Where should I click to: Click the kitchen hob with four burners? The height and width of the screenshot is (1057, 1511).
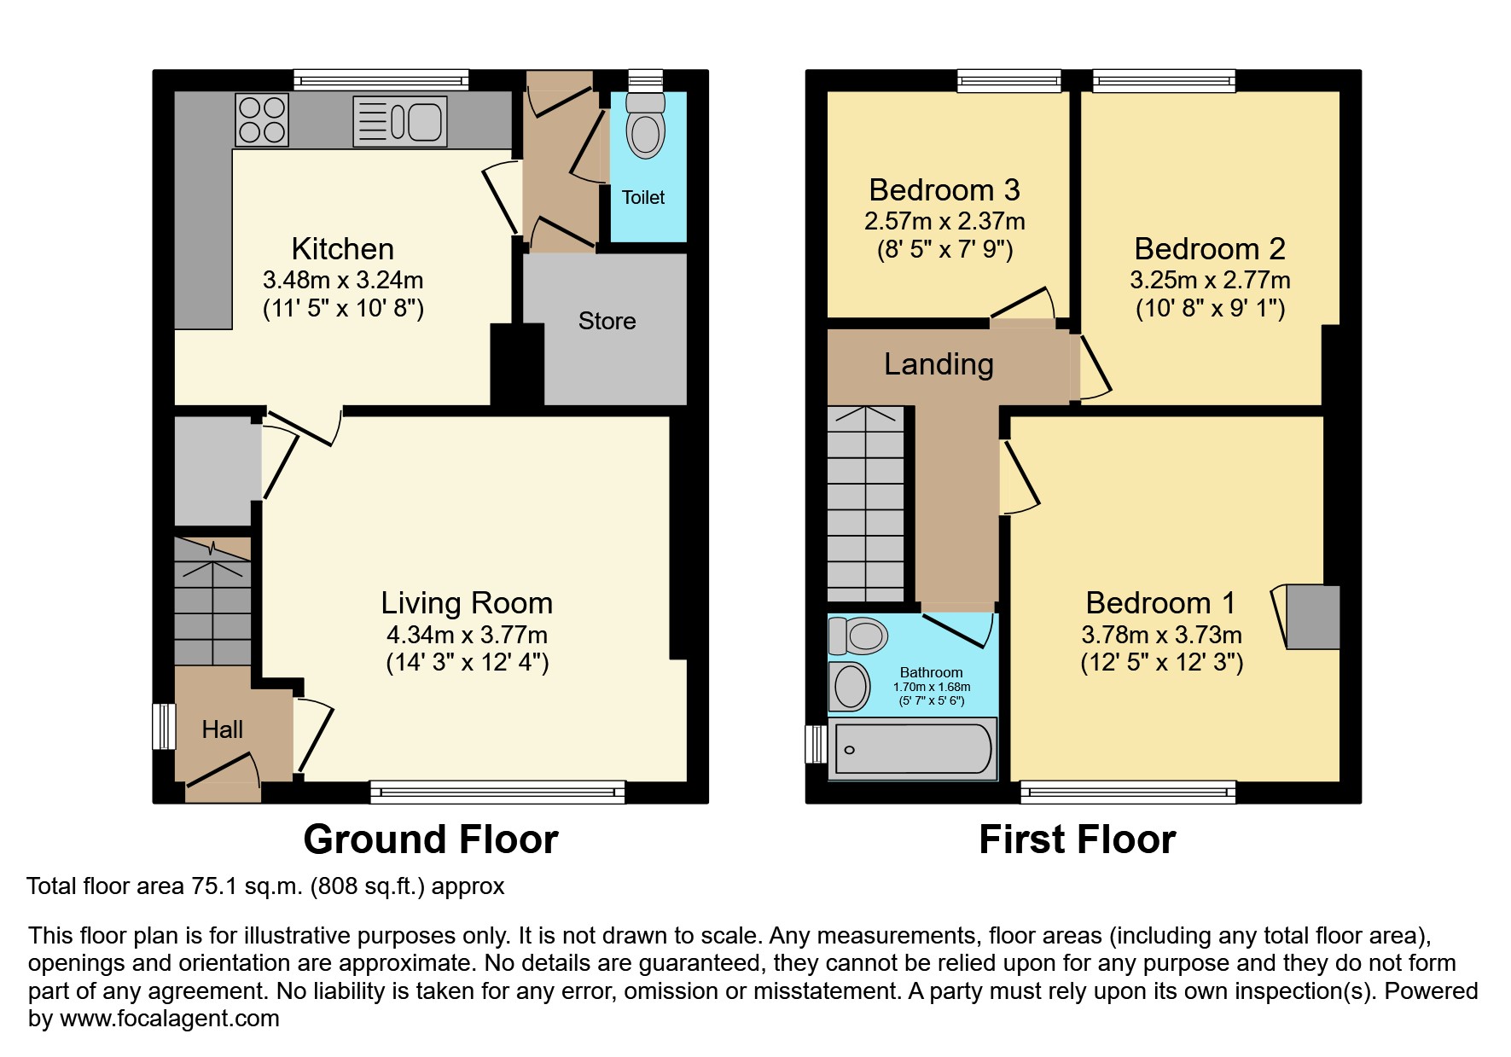point(262,119)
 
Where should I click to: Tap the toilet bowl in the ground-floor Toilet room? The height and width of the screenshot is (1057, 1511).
point(646,129)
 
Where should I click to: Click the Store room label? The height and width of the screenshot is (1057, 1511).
point(607,322)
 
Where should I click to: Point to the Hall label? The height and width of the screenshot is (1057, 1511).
point(222,729)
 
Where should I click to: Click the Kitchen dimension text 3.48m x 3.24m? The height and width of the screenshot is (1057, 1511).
point(343,280)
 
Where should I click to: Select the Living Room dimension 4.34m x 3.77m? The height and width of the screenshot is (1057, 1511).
point(467,635)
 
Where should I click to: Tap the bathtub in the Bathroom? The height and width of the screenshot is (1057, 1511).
point(912,749)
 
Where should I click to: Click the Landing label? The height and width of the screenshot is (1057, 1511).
point(939,364)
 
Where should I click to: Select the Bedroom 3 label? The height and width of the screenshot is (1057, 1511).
point(944,189)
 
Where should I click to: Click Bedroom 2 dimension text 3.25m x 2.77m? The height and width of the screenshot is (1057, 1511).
point(1210,280)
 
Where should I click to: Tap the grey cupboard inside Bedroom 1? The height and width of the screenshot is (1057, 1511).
point(1312,617)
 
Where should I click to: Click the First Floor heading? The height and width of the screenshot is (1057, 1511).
point(1077,839)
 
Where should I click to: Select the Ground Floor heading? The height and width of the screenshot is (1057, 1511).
point(430,839)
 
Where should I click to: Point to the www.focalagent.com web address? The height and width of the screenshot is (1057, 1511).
point(169,1019)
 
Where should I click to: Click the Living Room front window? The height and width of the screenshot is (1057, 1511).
point(497,793)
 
